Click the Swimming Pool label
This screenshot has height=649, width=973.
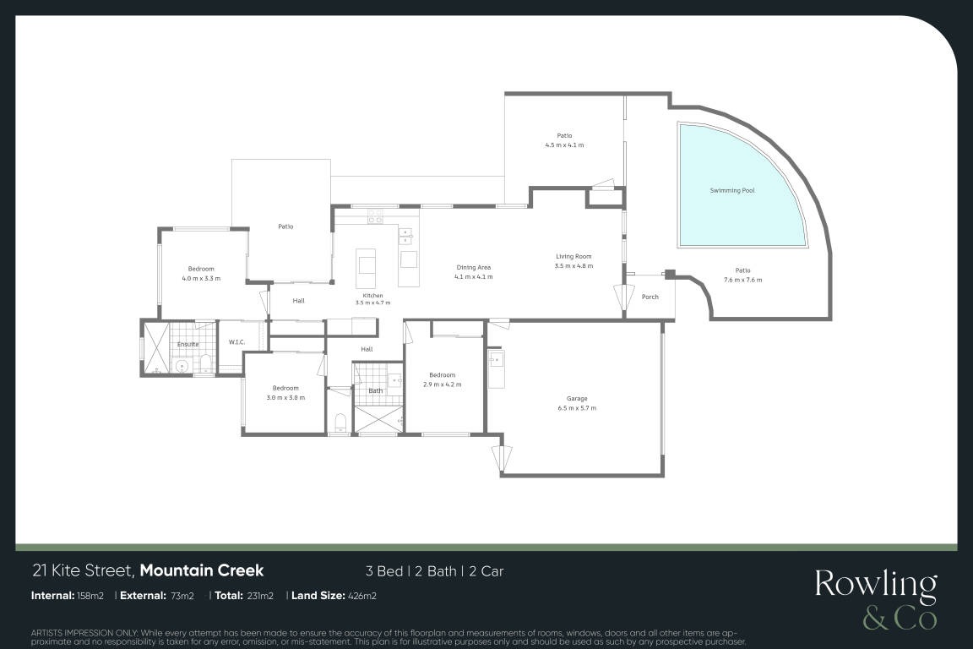[732, 191]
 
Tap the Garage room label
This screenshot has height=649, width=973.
[577, 399]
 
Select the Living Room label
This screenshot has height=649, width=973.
[573, 257]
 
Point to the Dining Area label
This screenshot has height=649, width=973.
[474, 268]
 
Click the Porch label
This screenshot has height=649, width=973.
[650, 297]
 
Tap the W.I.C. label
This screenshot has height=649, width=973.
[237, 342]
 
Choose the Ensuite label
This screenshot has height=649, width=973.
[188, 344]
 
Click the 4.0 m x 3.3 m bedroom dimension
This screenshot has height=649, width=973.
[201, 279]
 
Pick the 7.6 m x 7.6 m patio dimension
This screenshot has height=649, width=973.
[742, 280]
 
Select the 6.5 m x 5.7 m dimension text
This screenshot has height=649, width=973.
[577, 409]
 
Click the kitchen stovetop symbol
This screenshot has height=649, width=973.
[375, 216]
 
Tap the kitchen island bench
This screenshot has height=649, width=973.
[366, 261]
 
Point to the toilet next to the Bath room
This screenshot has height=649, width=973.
[340, 423]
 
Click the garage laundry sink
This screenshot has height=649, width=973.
[496, 360]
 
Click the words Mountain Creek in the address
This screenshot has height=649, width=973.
[202, 570]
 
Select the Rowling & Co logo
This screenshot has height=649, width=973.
[876, 600]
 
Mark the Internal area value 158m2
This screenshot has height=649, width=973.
[90, 596]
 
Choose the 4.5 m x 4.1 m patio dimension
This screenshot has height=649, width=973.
[565, 145]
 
